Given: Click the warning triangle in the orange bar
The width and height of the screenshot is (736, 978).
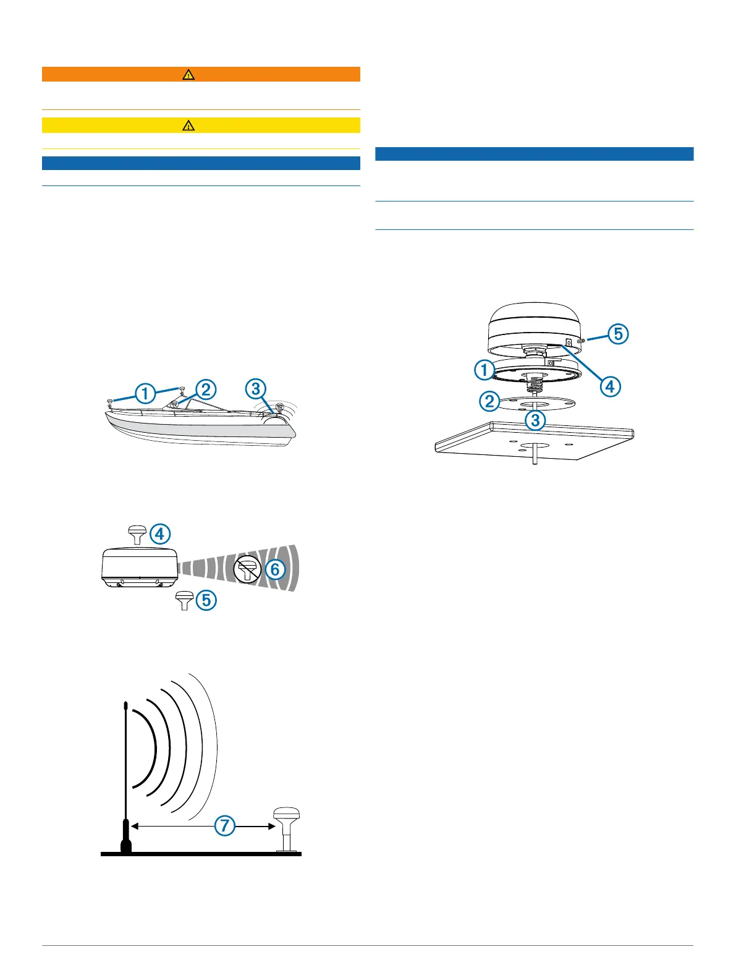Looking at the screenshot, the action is pyautogui.click(x=188, y=75).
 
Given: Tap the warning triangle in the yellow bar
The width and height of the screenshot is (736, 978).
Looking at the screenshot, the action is pyautogui.click(x=188, y=125).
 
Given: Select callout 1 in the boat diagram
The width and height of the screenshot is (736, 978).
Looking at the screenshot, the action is pyautogui.click(x=145, y=393).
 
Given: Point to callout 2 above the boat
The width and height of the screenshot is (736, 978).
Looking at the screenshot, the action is pyautogui.click(x=205, y=389).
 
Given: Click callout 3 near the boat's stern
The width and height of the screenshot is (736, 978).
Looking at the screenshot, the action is pyautogui.click(x=255, y=389).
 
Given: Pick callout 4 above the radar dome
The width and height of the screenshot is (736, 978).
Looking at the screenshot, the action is pyautogui.click(x=161, y=534).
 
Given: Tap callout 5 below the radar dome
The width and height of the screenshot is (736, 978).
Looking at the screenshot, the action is pyautogui.click(x=206, y=600).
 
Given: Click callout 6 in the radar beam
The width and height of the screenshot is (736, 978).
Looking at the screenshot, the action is pyautogui.click(x=275, y=569).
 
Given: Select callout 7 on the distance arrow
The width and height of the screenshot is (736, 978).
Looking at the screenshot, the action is pyautogui.click(x=225, y=826).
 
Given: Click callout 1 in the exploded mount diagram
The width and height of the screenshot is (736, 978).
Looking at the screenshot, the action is pyautogui.click(x=484, y=370).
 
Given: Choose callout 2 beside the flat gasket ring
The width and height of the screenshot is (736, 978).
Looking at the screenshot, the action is pyautogui.click(x=489, y=402).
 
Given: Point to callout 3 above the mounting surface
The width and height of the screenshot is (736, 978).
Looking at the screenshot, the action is pyautogui.click(x=535, y=421).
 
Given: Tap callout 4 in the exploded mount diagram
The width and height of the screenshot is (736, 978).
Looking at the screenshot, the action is pyautogui.click(x=610, y=386).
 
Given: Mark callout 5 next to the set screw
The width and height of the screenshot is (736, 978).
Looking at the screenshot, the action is pyautogui.click(x=618, y=334).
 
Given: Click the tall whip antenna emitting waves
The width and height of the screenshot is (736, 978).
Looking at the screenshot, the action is pyautogui.click(x=125, y=779).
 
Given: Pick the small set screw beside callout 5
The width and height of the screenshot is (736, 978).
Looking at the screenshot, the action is pyautogui.click(x=581, y=340).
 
